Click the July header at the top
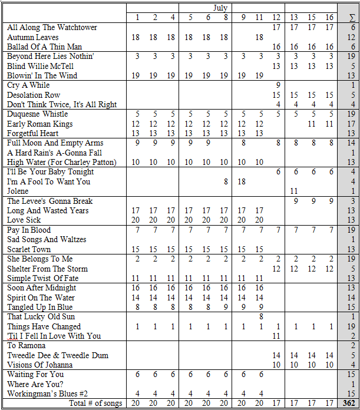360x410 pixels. [x=220, y=8]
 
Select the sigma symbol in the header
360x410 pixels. [x=351, y=18]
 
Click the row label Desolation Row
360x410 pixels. [x=34, y=95]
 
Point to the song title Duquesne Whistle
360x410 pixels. [x=38, y=114]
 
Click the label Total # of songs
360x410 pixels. [x=96, y=404]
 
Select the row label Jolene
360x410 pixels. [x=18, y=191]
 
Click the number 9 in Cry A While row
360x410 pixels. [x=278, y=85]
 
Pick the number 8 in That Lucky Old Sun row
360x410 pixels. [x=260, y=317]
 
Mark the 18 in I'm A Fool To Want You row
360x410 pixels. [x=242, y=181]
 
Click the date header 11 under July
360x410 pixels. [x=259, y=18]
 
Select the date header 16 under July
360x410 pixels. [x=329, y=18]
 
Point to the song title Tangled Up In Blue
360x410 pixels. [x=40, y=307]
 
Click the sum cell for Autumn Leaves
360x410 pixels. [x=351, y=37]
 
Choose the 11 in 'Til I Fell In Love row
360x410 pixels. [x=276, y=336]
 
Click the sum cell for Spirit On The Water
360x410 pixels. [x=351, y=297]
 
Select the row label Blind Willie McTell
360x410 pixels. [x=41, y=66]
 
